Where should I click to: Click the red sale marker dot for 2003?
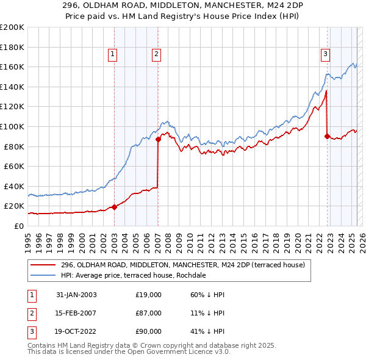114,207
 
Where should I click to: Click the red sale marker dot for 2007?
158,139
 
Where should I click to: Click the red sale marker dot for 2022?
328,136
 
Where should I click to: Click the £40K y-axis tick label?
14,186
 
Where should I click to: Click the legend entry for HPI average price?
133,275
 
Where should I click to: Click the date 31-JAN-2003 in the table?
76,295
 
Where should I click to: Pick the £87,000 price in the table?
149,313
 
